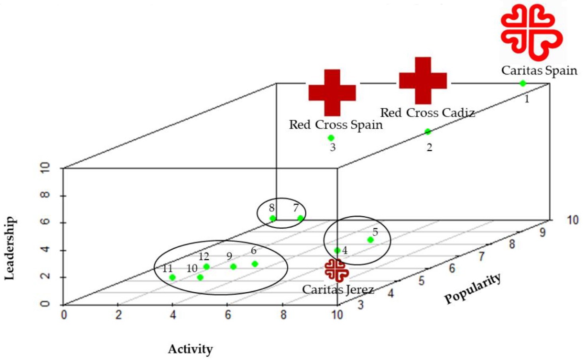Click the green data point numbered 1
tap(522, 83)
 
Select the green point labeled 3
tap(331, 138)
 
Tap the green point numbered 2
tap(428, 132)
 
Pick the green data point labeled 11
tap(172, 277)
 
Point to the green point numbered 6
tap(255, 264)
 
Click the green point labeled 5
tap(371, 240)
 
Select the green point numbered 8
tap(273, 218)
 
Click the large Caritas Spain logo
tap(532, 32)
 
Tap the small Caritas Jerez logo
tap(337, 270)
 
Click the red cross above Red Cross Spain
tap(332, 92)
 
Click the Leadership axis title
tap(10, 248)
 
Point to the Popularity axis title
tap(473, 288)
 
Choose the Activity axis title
tap(190, 349)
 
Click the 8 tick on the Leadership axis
tap(45, 195)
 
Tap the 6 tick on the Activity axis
tap(228, 315)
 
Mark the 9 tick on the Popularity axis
tap(542, 233)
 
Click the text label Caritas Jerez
tap(338, 290)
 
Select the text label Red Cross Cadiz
tap(427, 113)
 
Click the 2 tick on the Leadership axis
tap(45, 276)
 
